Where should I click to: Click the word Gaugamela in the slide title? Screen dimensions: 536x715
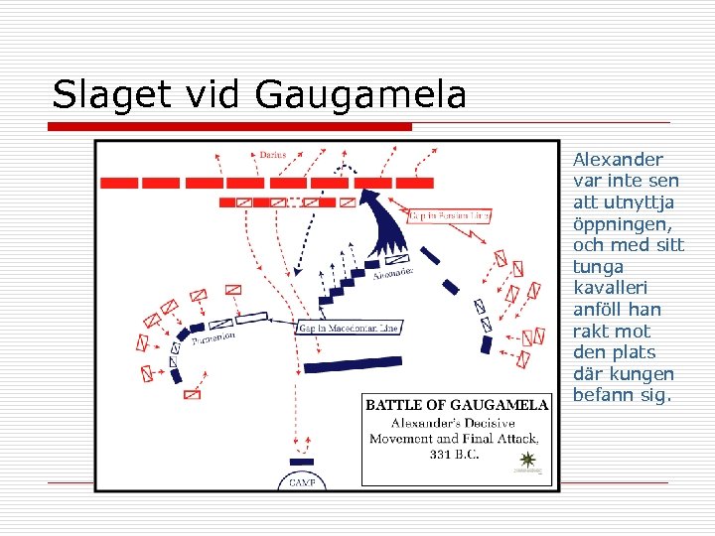pyautogui.click(x=360, y=95)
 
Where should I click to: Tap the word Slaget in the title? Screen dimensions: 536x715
pyautogui.click(x=98, y=95)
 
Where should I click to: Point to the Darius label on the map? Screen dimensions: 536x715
pyautogui.click(x=272, y=155)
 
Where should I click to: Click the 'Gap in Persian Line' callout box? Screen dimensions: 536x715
pyautogui.click(x=450, y=215)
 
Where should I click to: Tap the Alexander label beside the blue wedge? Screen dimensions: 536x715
pyautogui.click(x=392, y=276)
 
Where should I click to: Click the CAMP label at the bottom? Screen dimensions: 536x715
pyautogui.click(x=301, y=482)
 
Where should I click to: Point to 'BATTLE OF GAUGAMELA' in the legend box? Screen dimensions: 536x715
pyautogui.click(x=457, y=404)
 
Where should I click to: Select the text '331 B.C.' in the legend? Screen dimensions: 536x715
pyautogui.click(x=455, y=455)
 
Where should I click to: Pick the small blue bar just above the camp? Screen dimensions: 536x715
pyautogui.click(x=300, y=462)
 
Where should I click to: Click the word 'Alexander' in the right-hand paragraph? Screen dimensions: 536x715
pyautogui.click(x=618, y=159)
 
